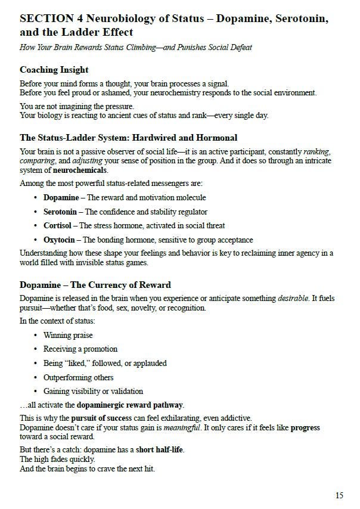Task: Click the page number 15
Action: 339,495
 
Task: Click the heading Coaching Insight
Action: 54,70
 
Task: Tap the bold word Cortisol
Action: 57,226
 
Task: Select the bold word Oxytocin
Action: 59,240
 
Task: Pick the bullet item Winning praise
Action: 68,335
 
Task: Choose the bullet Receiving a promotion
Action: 80,349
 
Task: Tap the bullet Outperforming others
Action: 78,377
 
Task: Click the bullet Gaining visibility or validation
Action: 93,392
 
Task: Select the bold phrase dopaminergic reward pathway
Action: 131,405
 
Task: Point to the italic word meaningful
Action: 182,428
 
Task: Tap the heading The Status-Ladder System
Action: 128,138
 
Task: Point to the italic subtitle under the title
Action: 136,47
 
